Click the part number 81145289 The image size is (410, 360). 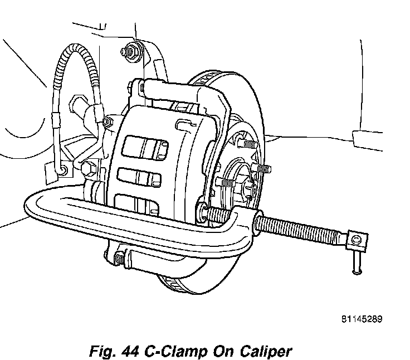pyautogui.click(x=362, y=320)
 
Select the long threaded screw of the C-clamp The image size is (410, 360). pyautogui.click(x=304, y=229)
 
